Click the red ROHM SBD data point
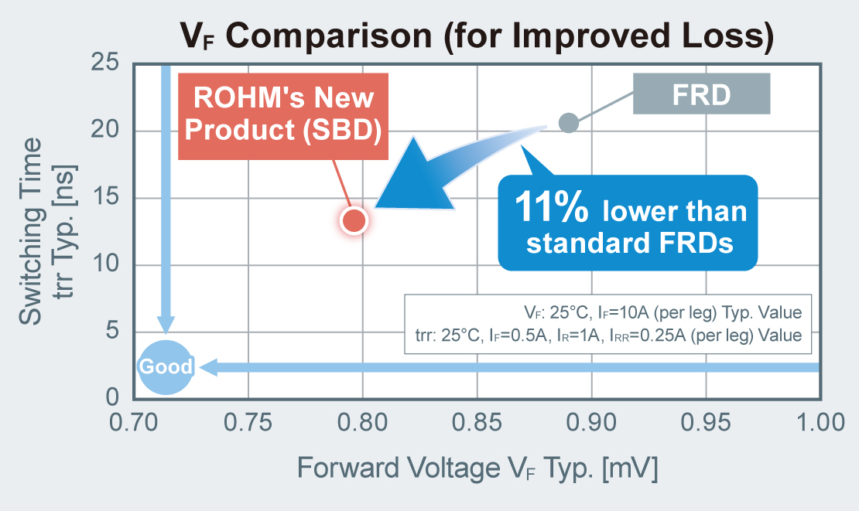pos(354,221)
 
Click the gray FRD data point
pos(568,123)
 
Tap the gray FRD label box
pos(701,94)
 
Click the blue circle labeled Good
pos(166,366)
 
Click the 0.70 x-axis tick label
pos(134,422)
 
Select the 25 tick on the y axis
pos(105,62)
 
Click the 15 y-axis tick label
pos(105,198)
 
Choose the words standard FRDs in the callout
pos(628,244)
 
